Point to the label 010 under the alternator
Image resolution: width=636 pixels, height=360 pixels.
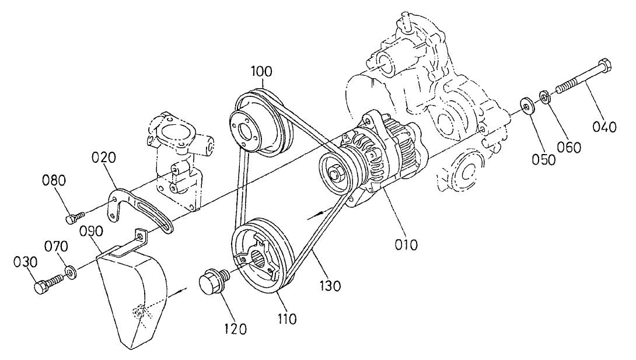coord(406,244)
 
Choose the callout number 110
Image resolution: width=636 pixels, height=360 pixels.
coord(287,319)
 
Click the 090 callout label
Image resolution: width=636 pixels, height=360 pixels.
coord(91,231)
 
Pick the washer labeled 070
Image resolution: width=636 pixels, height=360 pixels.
coord(71,272)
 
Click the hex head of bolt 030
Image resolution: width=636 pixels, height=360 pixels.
coord(40,287)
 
